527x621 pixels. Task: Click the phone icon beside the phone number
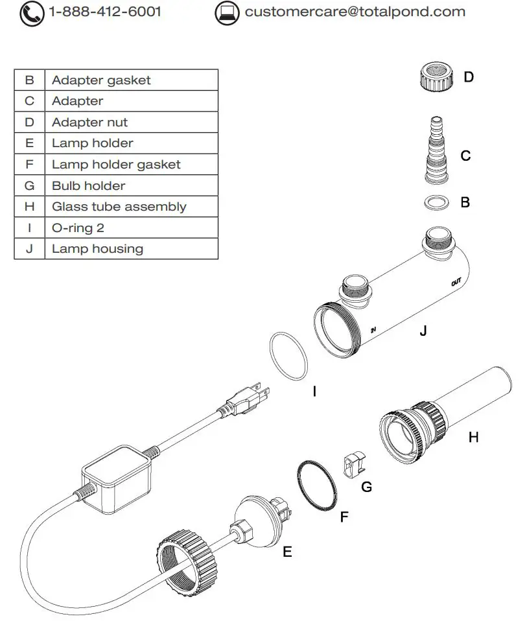point(32,13)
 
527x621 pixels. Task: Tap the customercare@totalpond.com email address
point(355,12)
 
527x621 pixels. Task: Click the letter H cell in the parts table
point(29,207)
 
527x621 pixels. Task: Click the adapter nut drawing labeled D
point(435,78)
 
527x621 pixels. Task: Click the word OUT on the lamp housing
point(456,283)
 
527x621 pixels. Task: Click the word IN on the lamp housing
point(373,330)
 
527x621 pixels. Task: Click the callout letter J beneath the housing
point(423,331)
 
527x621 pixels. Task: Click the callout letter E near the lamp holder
point(287,552)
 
